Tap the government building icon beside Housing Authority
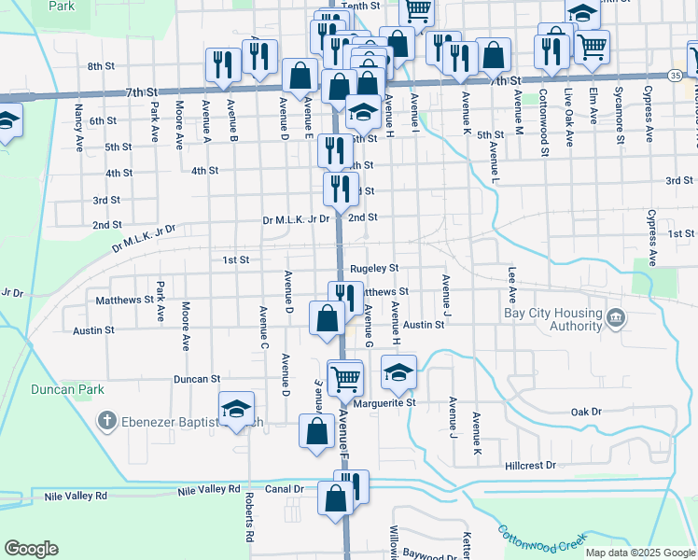coord(616,319)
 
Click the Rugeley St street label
coord(375,269)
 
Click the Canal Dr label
coord(286,489)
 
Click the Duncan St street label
coord(196,380)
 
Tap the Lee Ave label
coord(511,283)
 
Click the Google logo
coord(31,549)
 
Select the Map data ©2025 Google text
coord(639,553)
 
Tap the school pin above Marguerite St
coord(399,373)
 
